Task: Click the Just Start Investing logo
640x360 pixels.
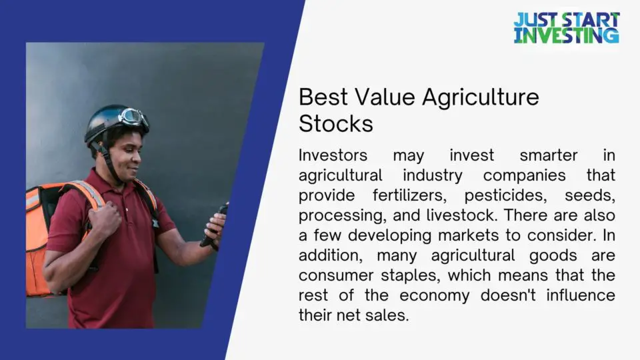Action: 566,28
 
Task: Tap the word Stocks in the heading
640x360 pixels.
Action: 335,124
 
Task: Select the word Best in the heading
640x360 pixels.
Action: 323,97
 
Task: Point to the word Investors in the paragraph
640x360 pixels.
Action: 333,155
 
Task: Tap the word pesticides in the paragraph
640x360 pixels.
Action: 501,195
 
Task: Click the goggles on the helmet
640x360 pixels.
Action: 134,117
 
